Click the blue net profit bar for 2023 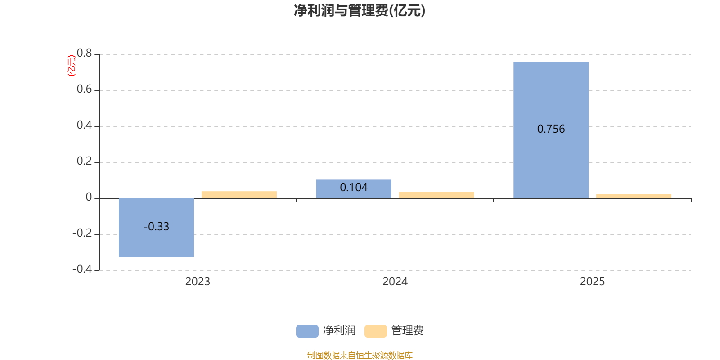(x=156, y=243)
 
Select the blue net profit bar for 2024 (x=353, y=193)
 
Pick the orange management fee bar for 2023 (x=239, y=195)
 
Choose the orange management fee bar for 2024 (x=436, y=195)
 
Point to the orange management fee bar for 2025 (x=634, y=196)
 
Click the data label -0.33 (x=156, y=227)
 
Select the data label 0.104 (x=353, y=187)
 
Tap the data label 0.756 (x=551, y=129)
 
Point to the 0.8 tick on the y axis (x=84, y=54)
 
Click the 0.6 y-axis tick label (x=84, y=90)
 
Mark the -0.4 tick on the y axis (x=82, y=269)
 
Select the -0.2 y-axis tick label (x=82, y=233)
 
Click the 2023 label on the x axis (x=198, y=282)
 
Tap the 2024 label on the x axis (x=395, y=282)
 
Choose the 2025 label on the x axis (x=592, y=282)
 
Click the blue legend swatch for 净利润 (x=307, y=331)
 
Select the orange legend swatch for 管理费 (x=375, y=331)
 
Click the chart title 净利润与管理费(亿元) (x=360, y=10)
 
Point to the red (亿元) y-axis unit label (x=71, y=66)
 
